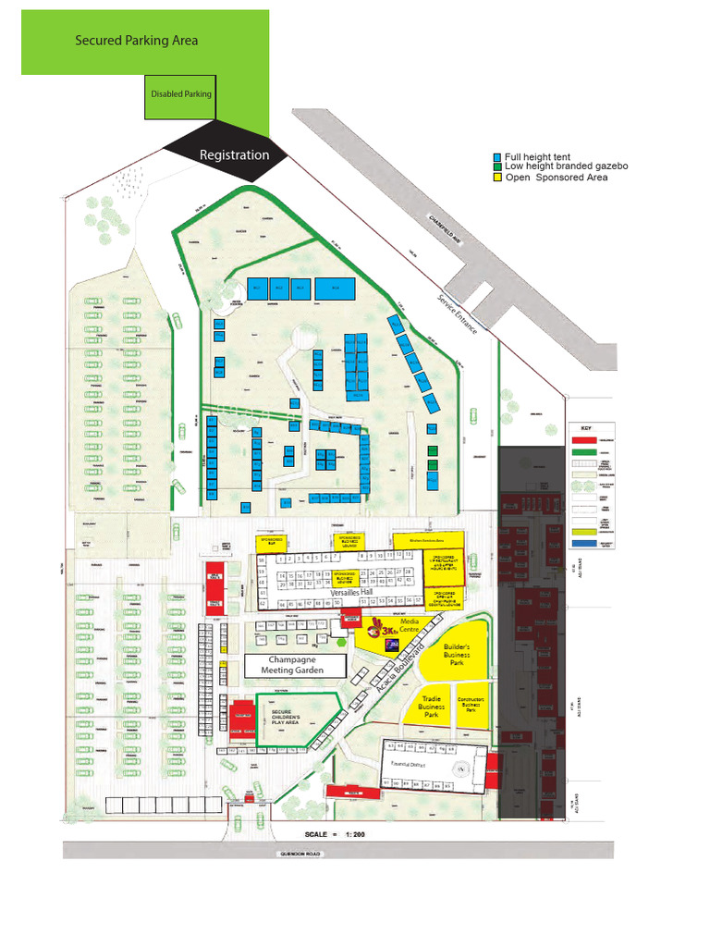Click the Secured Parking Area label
point(136,41)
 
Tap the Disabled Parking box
point(181,94)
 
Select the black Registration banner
point(234,155)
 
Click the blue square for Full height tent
point(497,158)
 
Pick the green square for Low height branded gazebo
point(497,166)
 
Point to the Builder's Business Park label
point(457,655)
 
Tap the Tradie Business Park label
point(430,707)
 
